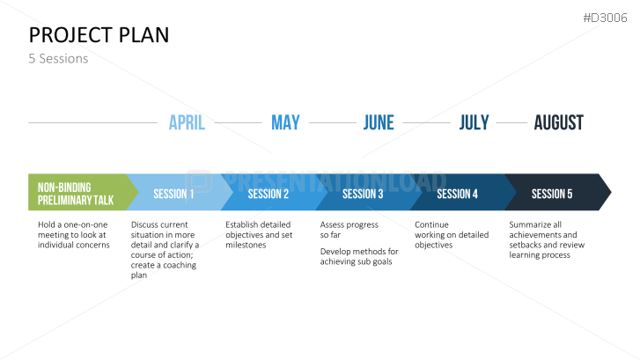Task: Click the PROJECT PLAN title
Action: [99, 35]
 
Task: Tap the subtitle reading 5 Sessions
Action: [58, 59]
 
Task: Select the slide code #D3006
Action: [605, 18]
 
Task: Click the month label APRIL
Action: [187, 122]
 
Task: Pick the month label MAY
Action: [285, 122]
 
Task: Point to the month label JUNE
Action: [379, 122]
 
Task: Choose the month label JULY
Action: [474, 122]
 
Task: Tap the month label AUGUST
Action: [559, 122]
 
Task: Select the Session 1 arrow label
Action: [173, 194]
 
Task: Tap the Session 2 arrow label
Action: [269, 194]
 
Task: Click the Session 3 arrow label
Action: [363, 194]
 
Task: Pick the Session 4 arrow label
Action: [457, 194]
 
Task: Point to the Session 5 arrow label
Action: [552, 194]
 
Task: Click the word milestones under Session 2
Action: [246, 245]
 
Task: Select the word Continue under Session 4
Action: [431, 225]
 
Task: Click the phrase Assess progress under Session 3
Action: [349, 225]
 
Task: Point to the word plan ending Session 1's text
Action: [139, 276]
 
